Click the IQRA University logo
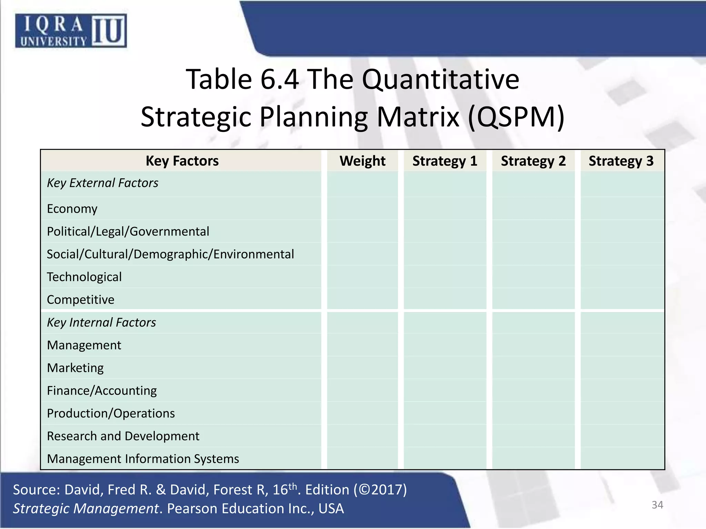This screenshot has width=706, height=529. coord(71,31)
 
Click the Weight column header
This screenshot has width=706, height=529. coord(362,161)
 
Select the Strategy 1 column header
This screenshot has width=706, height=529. coord(445,161)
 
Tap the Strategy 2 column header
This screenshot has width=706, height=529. coord(533,161)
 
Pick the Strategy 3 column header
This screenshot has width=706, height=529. coord(621,161)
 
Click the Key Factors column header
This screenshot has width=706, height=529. coord(182,161)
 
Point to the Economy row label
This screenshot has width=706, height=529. coord(72,209)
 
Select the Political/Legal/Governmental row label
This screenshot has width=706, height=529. coord(128,231)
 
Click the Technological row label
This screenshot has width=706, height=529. coord(84,277)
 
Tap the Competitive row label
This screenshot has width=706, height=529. coord(80,300)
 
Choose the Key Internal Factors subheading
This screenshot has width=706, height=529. coord(101,322)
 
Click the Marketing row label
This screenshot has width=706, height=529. coord(75,368)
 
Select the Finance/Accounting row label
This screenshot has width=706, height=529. coord(102,391)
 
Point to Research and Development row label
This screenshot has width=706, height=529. coord(123,436)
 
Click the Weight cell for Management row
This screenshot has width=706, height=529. coord(362,345)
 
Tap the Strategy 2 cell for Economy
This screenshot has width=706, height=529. coord(533,209)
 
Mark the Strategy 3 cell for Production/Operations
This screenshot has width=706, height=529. coord(622,413)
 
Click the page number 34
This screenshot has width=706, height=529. coord(657,505)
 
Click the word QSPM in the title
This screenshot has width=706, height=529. coord(516,117)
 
